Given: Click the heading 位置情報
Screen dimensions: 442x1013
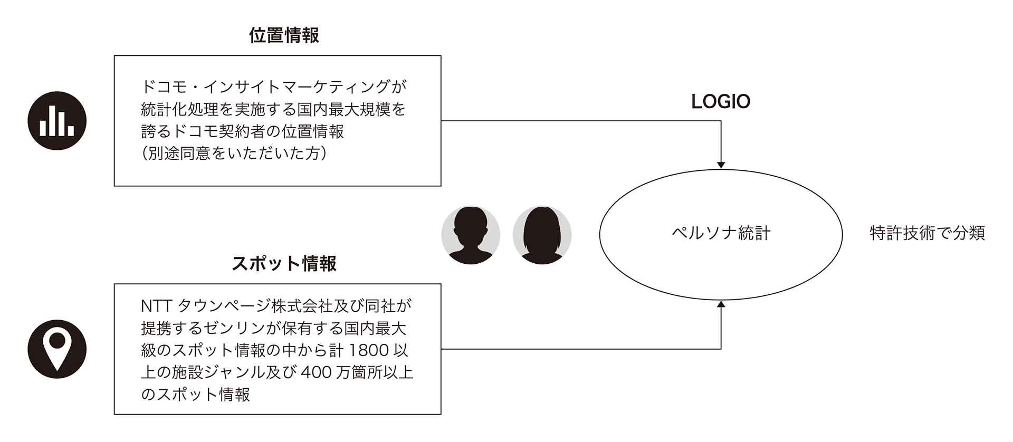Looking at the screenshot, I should pyautogui.click(x=284, y=35).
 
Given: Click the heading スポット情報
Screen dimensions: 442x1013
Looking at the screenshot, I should pyautogui.click(x=284, y=264).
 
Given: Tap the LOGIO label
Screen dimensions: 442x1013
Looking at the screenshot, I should pyautogui.click(x=721, y=102).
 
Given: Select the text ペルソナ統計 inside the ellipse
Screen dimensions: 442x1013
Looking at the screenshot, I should pyautogui.click(x=721, y=233).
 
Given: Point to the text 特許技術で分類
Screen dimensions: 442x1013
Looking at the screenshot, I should pyautogui.click(x=927, y=233).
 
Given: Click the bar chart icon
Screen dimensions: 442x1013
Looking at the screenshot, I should pyautogui.click(x=57, y=121).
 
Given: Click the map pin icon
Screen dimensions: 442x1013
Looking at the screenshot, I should pyautogui.click(x=57, y=349).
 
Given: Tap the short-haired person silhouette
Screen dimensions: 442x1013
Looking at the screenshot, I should pyautogui.click(x=471, y=235).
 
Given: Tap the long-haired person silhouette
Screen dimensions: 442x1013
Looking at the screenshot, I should pyautogui.click(x=542, y=235).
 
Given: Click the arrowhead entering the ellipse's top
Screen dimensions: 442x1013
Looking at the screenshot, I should pyautogui.click(x=721, y=165).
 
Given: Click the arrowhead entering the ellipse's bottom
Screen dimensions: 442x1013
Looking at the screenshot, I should pyautogui.click(x=721, y=304).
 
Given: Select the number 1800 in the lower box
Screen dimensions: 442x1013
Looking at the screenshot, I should pyautogui.click(x=369, y=350).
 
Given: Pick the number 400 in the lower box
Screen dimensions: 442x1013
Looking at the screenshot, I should pyautogui.click(x=316, y=372).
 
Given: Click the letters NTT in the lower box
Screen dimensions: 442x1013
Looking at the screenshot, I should pyautogui.click(x=157, y=306).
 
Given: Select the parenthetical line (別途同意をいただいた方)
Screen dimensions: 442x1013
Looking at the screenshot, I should pyautogui.click(x=234, y=153).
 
